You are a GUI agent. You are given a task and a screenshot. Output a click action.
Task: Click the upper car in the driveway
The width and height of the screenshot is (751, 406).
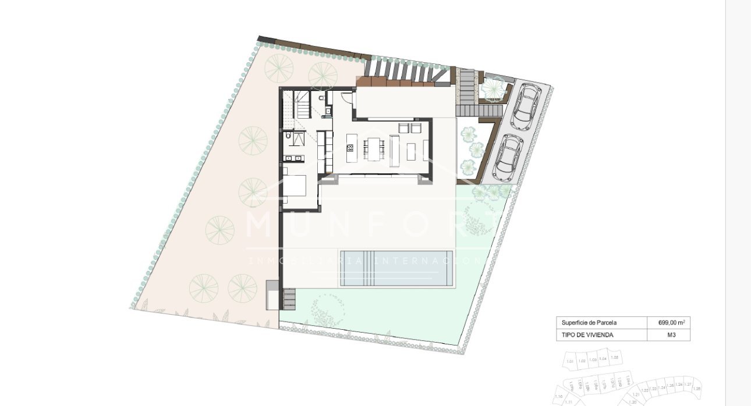(526, 105)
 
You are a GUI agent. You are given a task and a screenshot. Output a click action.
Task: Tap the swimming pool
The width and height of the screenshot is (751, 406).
(396, 268)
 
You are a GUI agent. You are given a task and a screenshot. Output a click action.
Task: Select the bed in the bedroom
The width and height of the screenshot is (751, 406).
(295, 184)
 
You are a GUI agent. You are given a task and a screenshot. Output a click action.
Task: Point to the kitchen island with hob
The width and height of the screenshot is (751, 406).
(350, 149)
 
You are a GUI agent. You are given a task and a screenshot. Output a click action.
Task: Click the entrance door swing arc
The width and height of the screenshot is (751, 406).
(347, 98)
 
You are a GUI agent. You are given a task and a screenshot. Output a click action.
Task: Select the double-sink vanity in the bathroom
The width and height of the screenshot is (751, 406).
(293, 158)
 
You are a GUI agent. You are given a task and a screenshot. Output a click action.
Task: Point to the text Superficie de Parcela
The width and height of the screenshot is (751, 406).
(589, 322)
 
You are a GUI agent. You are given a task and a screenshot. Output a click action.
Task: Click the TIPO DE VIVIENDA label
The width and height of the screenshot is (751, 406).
(587, 335)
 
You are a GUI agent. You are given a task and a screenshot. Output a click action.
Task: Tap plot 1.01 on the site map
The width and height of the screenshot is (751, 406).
(570, 361)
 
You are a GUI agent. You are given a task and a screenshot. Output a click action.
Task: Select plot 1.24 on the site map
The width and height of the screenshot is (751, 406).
(661, 387)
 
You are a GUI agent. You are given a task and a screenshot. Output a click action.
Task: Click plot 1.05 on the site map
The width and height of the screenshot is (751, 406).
(615, 358)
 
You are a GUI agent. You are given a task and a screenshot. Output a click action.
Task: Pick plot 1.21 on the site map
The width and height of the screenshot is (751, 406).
(636, 394)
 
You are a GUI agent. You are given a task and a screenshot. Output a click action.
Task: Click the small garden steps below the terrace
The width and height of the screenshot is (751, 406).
(290, 299)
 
